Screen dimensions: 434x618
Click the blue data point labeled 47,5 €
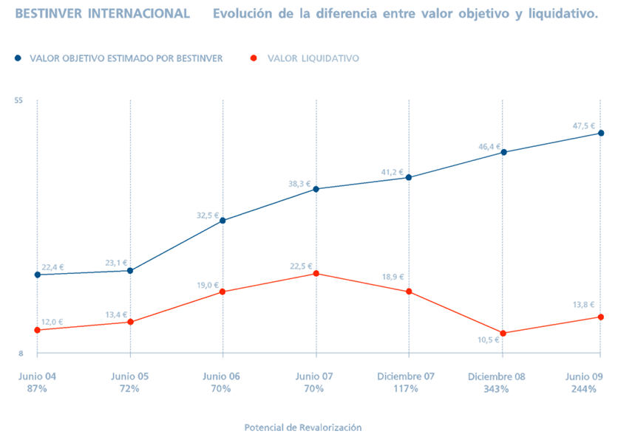point(601,134)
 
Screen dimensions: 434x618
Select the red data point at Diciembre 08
point(503,334)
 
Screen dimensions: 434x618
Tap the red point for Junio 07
point(316,274)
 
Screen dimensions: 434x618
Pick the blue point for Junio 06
point(223,221)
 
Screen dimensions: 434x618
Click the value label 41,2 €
point(392,173)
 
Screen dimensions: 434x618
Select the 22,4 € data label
point(52,268)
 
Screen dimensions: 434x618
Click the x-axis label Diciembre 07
point(406,376)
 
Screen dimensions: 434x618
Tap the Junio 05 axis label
point(130,376)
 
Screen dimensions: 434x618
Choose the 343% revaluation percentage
point(497,389)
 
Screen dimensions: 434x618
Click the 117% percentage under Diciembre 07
point(406,389)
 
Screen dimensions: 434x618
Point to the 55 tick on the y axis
point(19,100)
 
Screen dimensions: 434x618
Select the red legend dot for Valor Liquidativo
point(255,58)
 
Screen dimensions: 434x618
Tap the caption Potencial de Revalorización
point(303,427)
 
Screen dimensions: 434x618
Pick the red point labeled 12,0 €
point(37,330)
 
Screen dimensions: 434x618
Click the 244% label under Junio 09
point(583,389)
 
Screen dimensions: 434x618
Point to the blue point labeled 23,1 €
point(130,271)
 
